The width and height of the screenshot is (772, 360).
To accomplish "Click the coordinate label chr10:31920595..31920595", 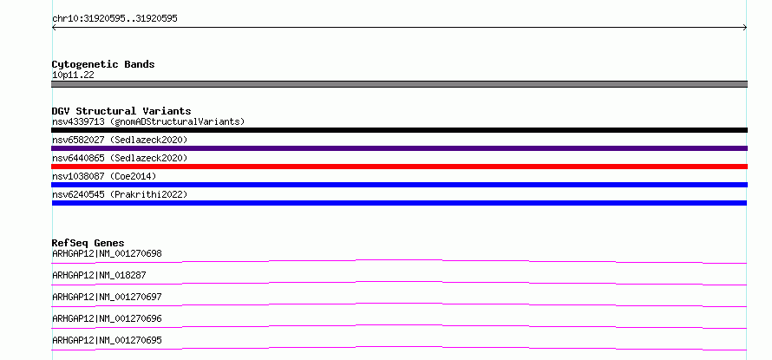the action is coord(114,19).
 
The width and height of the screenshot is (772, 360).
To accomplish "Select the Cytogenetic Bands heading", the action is coord(103,64).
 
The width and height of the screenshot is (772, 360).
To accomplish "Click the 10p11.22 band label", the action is coord(73,75).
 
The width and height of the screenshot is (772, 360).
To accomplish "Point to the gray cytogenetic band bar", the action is coord(399,84).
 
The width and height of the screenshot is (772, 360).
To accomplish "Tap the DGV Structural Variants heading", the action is coord(121,111).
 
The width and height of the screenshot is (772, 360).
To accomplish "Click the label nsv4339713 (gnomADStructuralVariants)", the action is coord(148,121).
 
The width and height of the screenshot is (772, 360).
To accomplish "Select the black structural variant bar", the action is coord(399,130).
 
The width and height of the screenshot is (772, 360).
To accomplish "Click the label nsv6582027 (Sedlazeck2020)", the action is coord(120,140).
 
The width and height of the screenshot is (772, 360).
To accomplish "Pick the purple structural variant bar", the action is coord(399,148).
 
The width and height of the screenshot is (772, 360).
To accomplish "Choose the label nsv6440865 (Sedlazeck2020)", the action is coord(120,158).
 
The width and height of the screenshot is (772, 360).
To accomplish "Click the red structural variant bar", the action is coord(399,167).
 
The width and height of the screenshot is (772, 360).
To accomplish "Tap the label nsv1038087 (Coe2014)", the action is coord(104,176).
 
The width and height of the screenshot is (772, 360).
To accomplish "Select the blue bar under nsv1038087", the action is coord(399,185).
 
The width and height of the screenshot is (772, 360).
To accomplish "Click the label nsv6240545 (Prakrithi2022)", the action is coord(120,194).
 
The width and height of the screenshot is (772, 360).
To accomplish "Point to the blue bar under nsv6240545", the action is coord(399,203).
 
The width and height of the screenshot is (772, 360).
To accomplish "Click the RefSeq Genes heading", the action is coord(88,243).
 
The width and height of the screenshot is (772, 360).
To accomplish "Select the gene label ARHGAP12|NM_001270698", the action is coord(107,253).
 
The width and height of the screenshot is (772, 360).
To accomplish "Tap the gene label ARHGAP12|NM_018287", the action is coord(99,275).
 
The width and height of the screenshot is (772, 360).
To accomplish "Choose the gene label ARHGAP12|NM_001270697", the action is coord(107,297).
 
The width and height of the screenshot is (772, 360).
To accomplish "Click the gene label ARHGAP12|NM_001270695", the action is coord(107,340).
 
